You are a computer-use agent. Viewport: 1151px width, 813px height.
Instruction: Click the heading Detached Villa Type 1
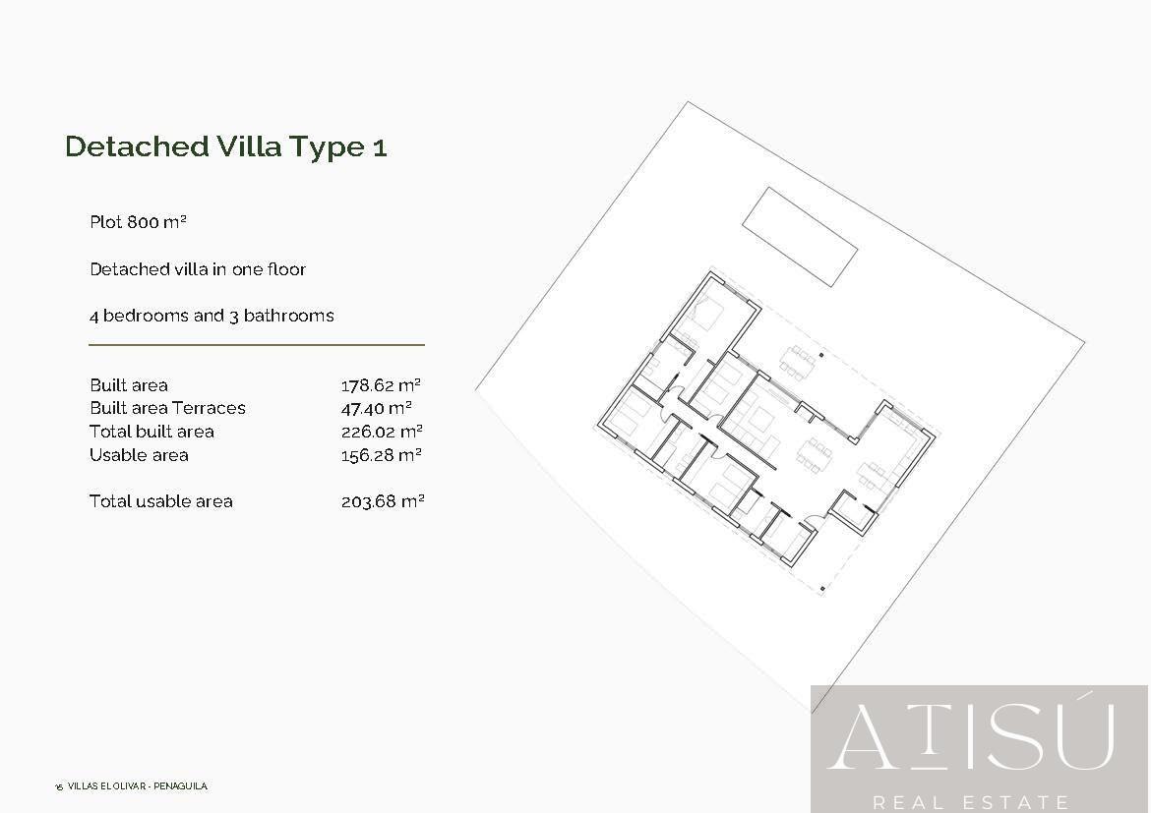point(225,147)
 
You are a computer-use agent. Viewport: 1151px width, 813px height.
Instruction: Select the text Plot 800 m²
point(138,222)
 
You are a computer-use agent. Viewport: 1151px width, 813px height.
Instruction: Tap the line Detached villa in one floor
point(198,269)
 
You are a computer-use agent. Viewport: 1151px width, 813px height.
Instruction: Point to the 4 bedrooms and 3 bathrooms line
point(212,316)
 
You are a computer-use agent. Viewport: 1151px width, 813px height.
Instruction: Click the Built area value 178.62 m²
point(382,385)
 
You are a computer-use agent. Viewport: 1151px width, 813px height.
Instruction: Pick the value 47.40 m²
point(376,408)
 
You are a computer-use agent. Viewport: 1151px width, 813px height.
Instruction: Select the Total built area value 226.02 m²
point(382,432)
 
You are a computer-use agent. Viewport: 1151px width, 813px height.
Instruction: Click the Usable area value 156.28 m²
point(382,455)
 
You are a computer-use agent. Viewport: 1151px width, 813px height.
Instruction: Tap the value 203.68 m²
point(382,501)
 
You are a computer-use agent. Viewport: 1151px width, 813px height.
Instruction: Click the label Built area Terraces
point(167,408)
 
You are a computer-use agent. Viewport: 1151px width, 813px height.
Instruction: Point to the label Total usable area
point(161,501)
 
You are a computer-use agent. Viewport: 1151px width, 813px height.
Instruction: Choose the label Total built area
point(151,432)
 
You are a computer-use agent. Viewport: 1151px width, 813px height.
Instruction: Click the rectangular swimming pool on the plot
point(799,236)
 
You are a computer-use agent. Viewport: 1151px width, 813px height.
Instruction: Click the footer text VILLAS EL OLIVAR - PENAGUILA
point(138,786)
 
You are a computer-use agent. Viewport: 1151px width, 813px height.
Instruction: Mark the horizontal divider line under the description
point(257,345)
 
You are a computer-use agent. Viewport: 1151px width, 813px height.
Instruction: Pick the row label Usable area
point(139,455)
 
